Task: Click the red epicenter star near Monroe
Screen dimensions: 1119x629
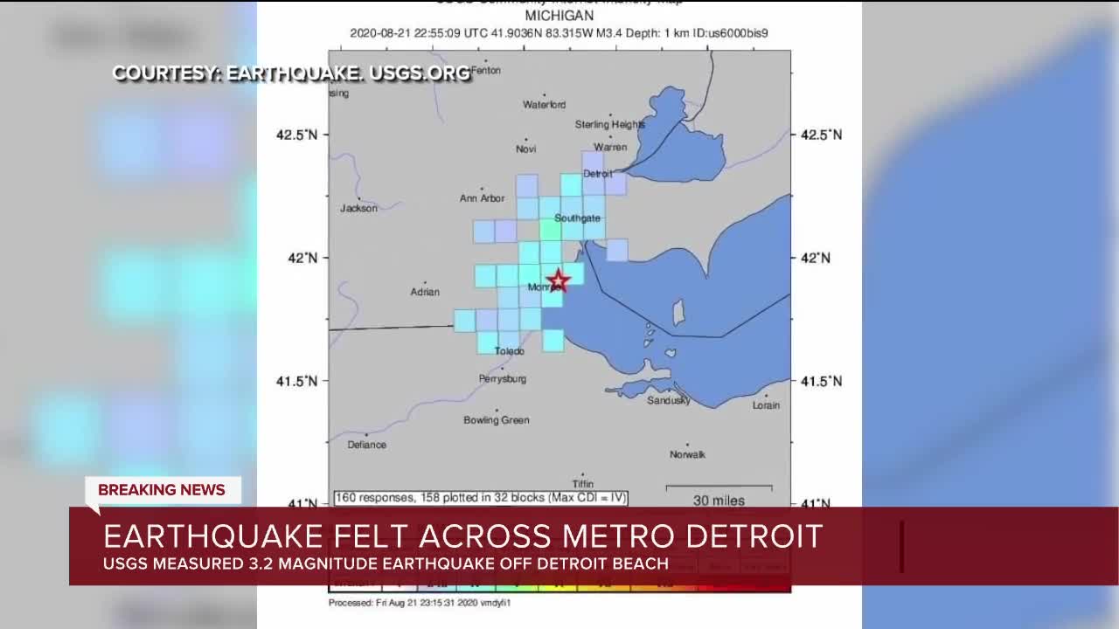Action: click(x=558, y=281)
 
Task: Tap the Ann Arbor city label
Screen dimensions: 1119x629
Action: click(x=482, y=198)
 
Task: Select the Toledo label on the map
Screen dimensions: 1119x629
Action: click(x=510, y=351)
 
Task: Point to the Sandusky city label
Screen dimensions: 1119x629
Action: click(x=669, y=400)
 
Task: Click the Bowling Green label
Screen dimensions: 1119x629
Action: click(x=497, y=420)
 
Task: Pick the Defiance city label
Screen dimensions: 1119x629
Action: click(x=366, y=445)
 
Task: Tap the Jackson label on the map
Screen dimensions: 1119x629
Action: click(x=358, y=208)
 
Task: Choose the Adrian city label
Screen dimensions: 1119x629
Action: click(x=425, y=292)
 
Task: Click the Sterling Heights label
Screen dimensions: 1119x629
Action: click(x=610, y=125)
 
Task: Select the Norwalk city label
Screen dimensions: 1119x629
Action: click(x=687, y=454)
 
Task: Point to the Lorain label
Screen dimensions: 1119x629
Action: click(x=766, y=405)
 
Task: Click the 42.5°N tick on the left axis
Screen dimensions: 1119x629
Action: click(x=297, y=135)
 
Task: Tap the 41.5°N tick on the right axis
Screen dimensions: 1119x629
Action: click(x=822, y=381)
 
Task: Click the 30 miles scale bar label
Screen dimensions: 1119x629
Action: click(x=719, y=501)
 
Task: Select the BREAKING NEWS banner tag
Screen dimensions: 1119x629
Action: click(x=162, y=490)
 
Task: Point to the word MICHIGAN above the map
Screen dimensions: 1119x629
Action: click(x=559, y=16)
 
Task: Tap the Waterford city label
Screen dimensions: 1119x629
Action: click(x=544, y=105)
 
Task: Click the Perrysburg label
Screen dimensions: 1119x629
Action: click(x=503, y=379)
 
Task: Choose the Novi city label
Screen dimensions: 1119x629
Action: click(x=525, y=149)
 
